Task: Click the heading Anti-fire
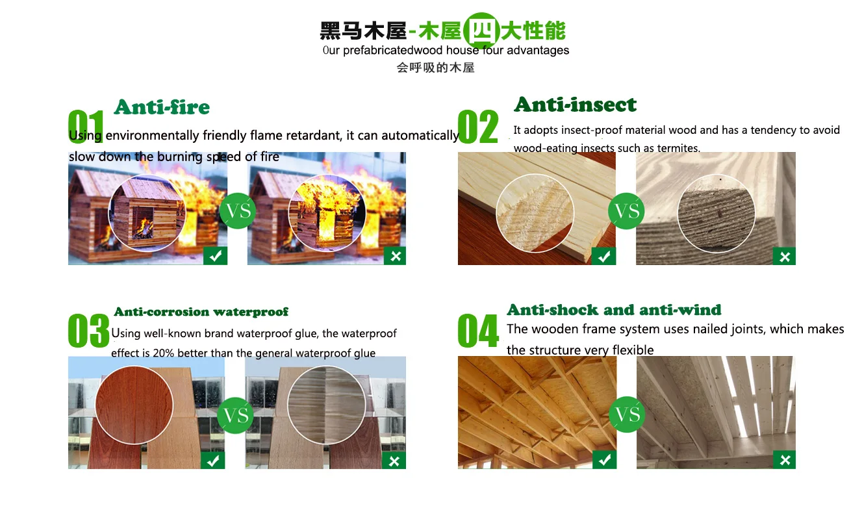coord(162,107)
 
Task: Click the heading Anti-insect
coord(576,105)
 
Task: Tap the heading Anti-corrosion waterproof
coord(201,311)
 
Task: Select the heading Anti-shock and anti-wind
coord(614,309)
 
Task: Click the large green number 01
coord(86,126)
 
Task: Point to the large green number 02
coord(478,126)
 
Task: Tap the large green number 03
coord(88,330)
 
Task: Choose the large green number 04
coord(478,330)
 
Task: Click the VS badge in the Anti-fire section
coord(238,210)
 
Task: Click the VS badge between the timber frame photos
coord(627,414)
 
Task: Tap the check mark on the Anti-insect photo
coord(603,256)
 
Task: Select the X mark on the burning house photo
coord(395,256)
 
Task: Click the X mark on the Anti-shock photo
coord(785,459)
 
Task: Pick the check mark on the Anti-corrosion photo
coord(213,461)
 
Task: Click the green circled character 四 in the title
coord(481,31)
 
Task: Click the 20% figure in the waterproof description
coord(164,353)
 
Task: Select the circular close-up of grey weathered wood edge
coord(716,214)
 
